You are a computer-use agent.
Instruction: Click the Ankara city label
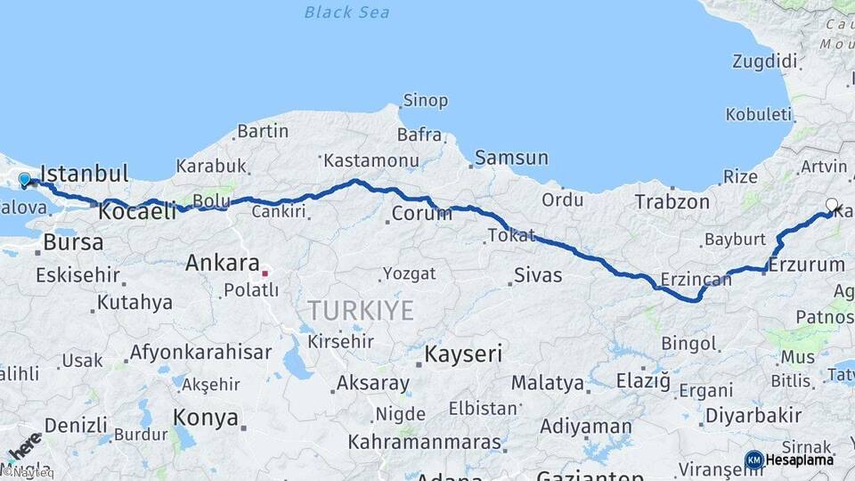coord(222,263)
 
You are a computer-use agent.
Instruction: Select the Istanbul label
coord(85,173)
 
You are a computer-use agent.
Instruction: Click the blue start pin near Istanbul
coord(24,180)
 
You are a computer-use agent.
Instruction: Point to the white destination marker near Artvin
coord(832,206)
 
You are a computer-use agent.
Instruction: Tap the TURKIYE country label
coord(361,310)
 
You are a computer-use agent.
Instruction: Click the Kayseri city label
coord(462,354)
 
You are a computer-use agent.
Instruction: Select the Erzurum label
coord(806,265)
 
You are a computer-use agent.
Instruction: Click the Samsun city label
coord(511,158)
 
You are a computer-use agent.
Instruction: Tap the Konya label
coord(206,417)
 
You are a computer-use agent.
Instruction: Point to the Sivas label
coord(537,274)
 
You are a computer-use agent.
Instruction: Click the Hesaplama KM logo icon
coord(753,460)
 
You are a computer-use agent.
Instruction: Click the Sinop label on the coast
coord(425,101)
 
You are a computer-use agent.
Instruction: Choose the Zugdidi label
coord(764,61)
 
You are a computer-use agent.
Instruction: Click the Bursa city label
coord(73,242)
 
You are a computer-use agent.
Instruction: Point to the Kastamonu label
coord(370,161)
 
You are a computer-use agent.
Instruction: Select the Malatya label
coord(548,384)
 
